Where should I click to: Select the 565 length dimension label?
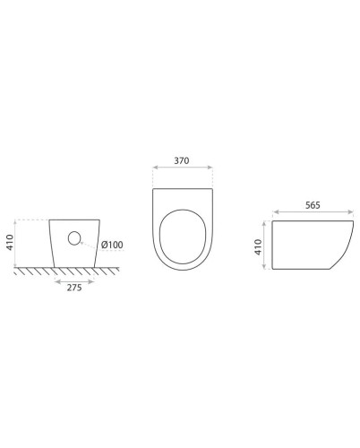313,204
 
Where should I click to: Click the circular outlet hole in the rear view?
75,238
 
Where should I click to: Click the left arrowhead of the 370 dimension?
154,167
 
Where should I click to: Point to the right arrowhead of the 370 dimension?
212,167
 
